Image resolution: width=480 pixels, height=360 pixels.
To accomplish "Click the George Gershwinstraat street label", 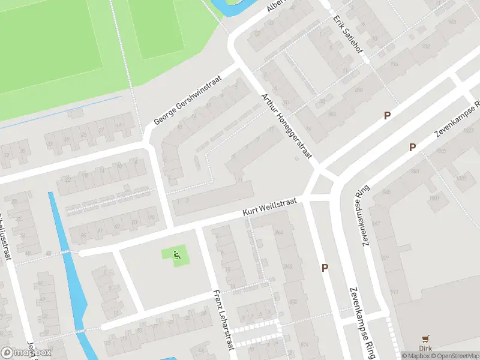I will [188, 100].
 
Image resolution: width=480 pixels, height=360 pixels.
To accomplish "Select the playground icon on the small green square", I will [176, 255].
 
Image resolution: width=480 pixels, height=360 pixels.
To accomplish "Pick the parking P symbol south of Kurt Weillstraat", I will [325, 268].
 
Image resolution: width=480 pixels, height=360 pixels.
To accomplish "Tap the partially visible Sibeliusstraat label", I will [6, 237].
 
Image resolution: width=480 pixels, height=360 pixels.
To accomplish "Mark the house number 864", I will [278, 232].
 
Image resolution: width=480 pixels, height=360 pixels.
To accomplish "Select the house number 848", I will [288, 266].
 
